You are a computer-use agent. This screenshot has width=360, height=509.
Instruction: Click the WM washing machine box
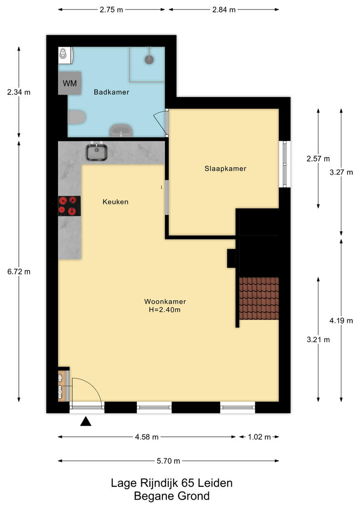pyautogui.click(x=69, y=83)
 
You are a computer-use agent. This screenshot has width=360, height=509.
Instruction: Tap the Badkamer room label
pyautogui.click(x=111, y=92)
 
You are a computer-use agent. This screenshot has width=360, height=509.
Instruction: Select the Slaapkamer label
pyautogui.click(x=225, y=168)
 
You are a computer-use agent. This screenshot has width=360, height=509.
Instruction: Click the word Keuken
pyautogui.click(x=115, y=202)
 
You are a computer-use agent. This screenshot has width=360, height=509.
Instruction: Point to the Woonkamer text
pyautogui.click(x=165, y=302)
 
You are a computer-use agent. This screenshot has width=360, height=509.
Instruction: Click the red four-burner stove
pyautogui.click(x=69, y=206)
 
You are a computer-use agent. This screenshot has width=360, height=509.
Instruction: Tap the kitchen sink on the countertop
pyautogui.click(x=97, y=152)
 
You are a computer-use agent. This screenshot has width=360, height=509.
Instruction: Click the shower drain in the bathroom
pyautogui.click(x=149, y=59)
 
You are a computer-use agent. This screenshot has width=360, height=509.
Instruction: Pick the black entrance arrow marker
pyautogui.click(x=86, y=421)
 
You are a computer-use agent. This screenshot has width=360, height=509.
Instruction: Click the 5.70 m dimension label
pyautogui.click(x=169, y=461)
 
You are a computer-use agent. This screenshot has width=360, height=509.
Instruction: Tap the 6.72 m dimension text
pyautogui.click(x=19, y=272)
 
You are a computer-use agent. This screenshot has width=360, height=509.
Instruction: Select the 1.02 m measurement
pyautogui.click(x=259, y=437)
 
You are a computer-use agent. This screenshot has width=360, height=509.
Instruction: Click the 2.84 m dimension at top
pyautogui.click(x=224, y=10)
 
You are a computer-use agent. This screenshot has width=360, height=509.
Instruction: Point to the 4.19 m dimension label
pyautogui.click(x=341, y=321)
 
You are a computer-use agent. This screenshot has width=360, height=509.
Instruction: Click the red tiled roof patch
pyautogui.click(x=259, y=299)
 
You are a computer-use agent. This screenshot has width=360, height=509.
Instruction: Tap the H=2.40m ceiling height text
pyautogui.click(x=164, y=310)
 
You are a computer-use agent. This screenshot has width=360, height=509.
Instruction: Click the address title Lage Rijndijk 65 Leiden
pyautogui.click(x=172, y=483)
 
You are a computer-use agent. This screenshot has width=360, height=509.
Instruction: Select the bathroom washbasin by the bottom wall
pyautogui.click(x=121, y=131)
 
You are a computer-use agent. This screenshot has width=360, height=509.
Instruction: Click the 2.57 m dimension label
pyautogui.click(x=318, y=159)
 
